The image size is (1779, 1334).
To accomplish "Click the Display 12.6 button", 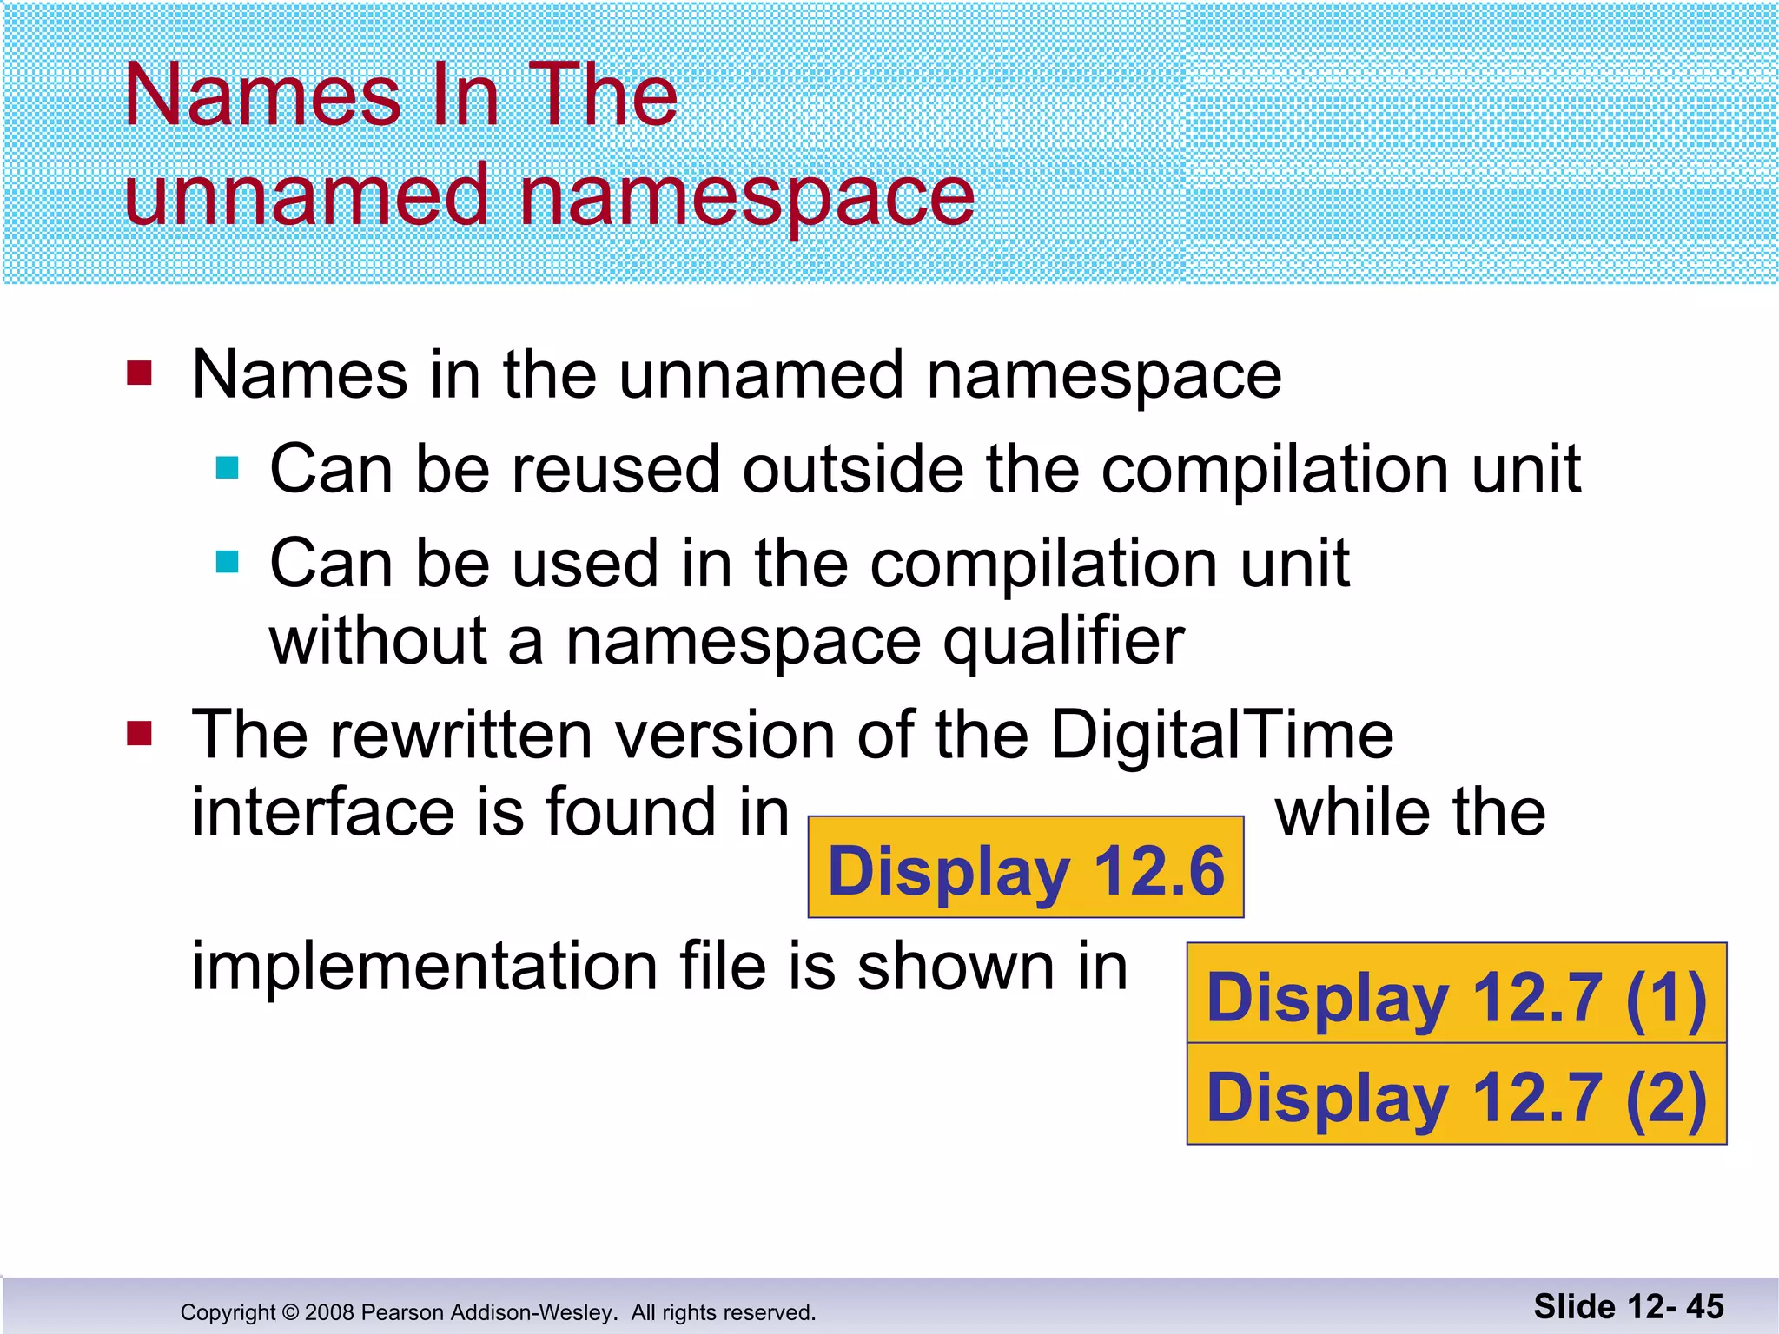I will tap(1026, 868).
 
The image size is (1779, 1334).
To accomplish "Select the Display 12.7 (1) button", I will tap(1457, 994).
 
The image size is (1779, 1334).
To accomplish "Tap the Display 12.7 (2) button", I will tap(1457, 1095).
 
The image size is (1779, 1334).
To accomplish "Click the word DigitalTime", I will tap(1222, 735).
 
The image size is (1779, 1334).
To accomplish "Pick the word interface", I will tap(322, 812).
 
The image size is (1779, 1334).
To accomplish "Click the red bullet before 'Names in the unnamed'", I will tap(139, 373).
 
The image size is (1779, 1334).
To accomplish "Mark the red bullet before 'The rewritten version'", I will tap(139, 734).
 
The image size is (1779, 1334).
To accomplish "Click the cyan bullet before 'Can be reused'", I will tap(228, 469).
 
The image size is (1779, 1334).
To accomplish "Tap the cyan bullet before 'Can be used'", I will tap(228, 563).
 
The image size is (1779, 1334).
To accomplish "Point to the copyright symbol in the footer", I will tap(290, 1312).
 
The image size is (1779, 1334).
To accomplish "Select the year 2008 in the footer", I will tap(330, 1312).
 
